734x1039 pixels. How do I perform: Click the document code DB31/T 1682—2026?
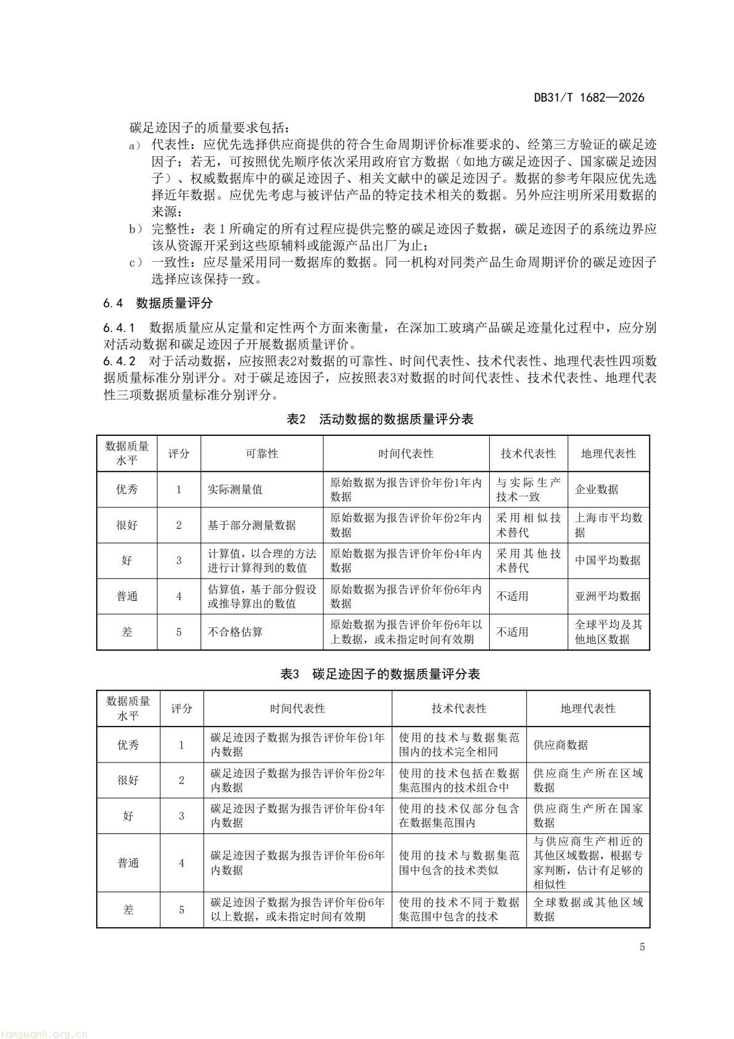(588, 98)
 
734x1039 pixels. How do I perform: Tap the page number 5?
(642, 947)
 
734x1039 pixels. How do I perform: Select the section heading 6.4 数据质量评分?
(158, 303)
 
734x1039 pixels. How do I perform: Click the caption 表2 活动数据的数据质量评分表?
(380, 419)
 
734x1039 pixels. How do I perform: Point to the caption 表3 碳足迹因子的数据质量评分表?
(380, 674)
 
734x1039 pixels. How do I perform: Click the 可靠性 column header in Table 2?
(262, 454)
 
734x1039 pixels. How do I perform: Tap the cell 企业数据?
(596, 490)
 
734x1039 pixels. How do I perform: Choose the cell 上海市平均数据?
(608, 525)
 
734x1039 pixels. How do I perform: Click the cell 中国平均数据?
(608, 561)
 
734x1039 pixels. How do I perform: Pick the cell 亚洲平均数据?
(608, 596)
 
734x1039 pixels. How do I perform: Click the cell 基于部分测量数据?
(252, 525)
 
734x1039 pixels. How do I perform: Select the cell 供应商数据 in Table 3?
(560, 745)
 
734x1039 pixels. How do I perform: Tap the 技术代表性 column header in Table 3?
(459, 709)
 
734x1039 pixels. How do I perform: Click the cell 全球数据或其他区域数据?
(588, 909)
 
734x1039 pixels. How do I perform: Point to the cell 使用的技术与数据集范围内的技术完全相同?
(459, 745)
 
